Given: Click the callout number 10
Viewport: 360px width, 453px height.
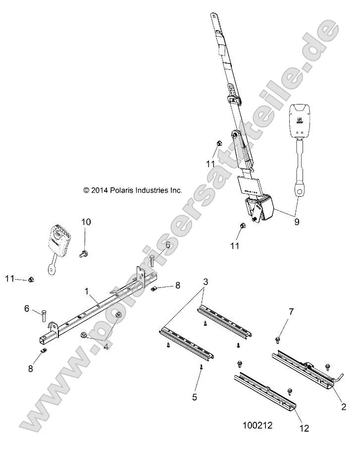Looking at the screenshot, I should [86, 222].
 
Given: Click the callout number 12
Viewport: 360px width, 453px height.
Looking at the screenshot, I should [303, 429].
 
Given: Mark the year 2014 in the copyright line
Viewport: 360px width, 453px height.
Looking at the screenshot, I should [99, 190].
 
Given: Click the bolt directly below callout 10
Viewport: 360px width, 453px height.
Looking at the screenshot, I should [83, 254].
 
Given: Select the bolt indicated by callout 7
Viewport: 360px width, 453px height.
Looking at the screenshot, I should [277, 340].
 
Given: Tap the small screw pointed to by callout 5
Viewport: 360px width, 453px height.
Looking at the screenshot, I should [202, 367].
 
